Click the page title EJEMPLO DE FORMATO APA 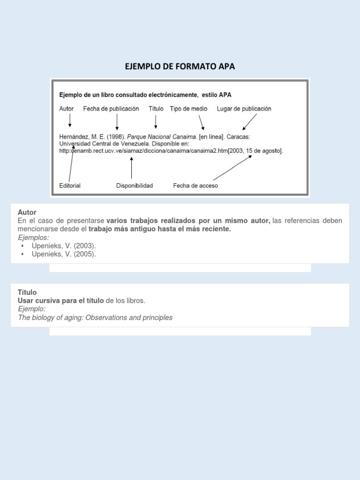pos(180,67)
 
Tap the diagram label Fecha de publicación pos(111,109)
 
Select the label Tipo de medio pos(188,109)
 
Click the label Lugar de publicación pos(244,109)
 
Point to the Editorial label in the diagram pos(70,186)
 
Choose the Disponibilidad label pos(135,186)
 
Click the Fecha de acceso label pos(195,186)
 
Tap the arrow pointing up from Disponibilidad pos(131,168)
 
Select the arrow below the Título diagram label pos(156,121)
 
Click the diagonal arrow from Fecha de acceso pos(232,168)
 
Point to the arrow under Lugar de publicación pos(249,122)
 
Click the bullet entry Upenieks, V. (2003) pos(64,246)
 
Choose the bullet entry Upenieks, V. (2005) pos(64,254)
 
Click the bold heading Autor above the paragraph pos(27,212)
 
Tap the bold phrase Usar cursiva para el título pos(61,300)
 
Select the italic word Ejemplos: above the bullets pos(33,238)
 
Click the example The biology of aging pos(95,318)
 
